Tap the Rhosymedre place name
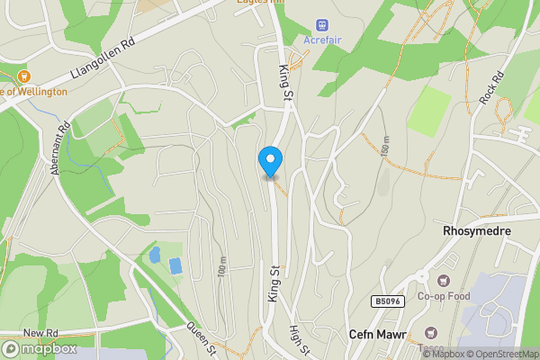click(477, 231)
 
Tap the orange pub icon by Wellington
click(23, 76)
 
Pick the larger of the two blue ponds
click(175, 265)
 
